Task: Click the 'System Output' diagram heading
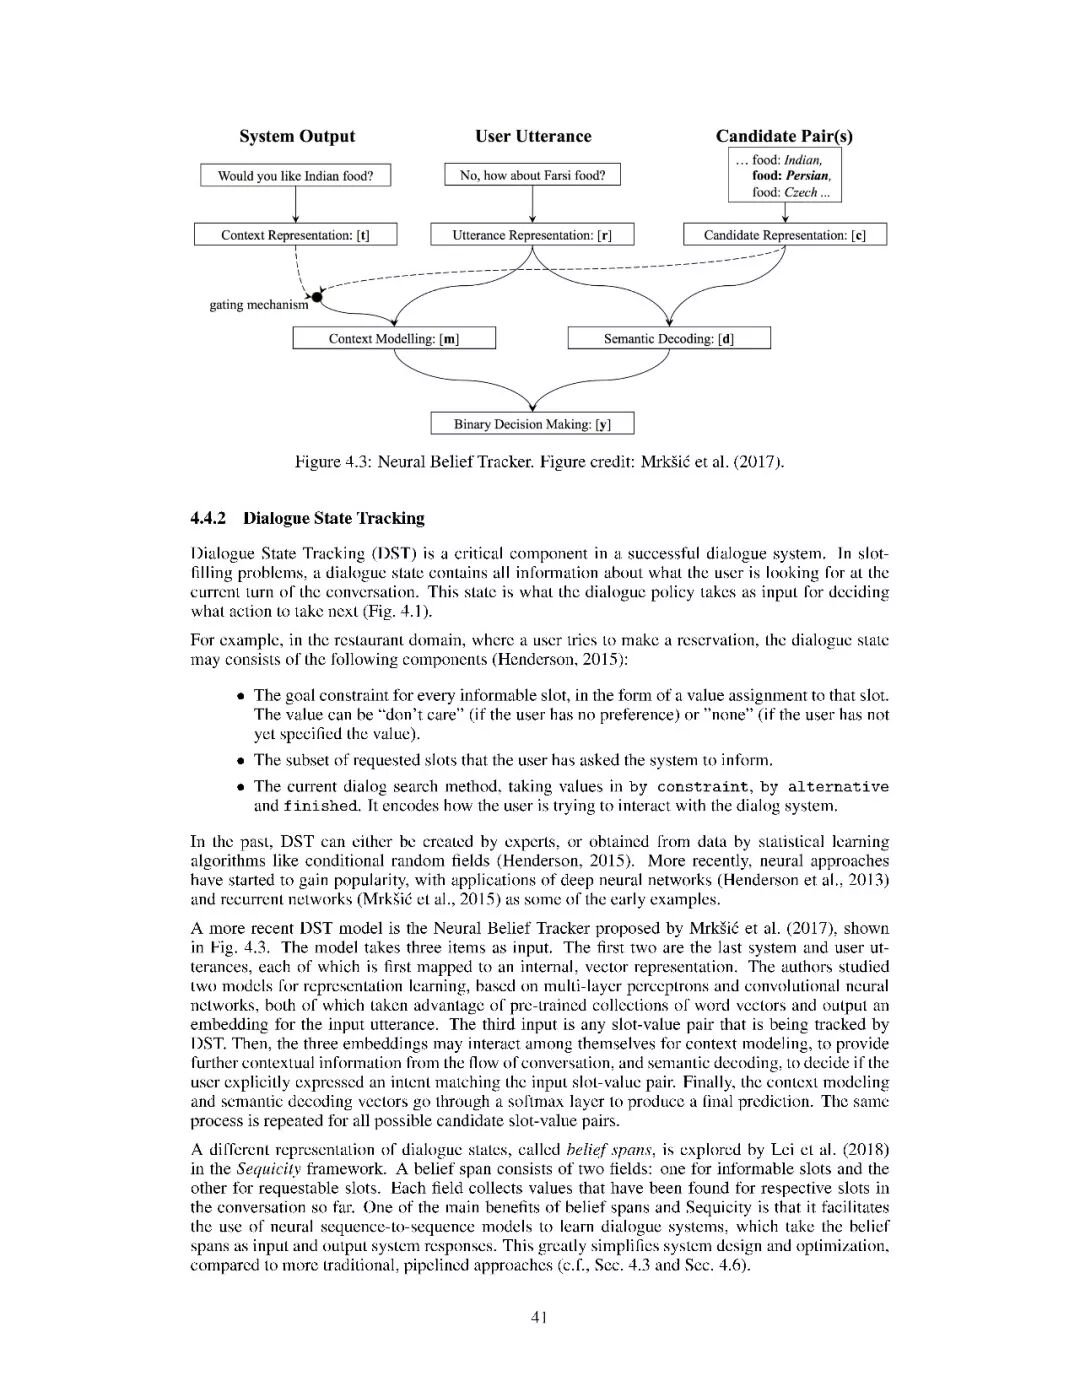pos(297,137)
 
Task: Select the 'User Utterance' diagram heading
pos(533,137)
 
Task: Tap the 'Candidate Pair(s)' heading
pos(784,137)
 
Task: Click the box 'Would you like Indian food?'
pos(296,176)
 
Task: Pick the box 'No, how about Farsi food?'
pos(532,175)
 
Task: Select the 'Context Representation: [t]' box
pos(295,235)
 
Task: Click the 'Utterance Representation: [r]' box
pos(532,235)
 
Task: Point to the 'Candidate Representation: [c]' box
pos(785,235)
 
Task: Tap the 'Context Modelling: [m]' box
pos(394,339)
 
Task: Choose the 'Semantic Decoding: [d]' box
pos(669,339)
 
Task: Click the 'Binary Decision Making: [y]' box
pos(532,424)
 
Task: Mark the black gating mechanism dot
pos(318,296)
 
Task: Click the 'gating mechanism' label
pos(258,305)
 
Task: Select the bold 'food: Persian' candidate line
pos(791,176)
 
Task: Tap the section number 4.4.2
pos(209,518)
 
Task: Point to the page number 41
pos(539,1317)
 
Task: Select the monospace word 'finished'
pos(320,806)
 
